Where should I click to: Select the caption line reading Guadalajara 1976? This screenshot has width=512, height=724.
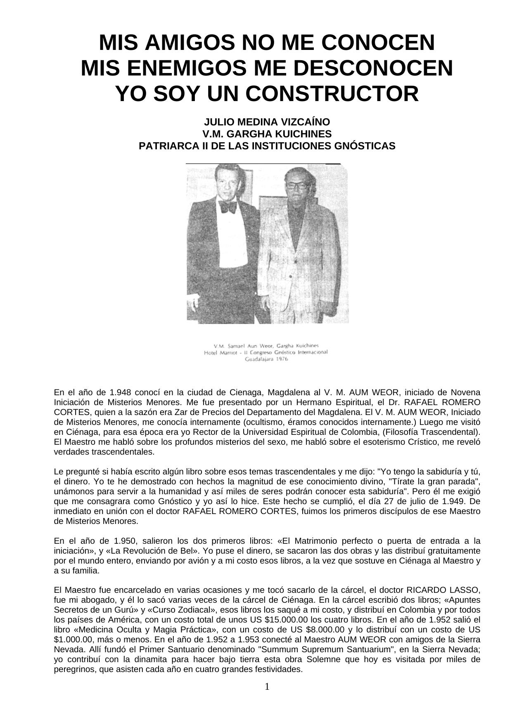coord(266,359)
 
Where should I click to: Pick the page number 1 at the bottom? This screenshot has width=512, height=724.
coord(267,686)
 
